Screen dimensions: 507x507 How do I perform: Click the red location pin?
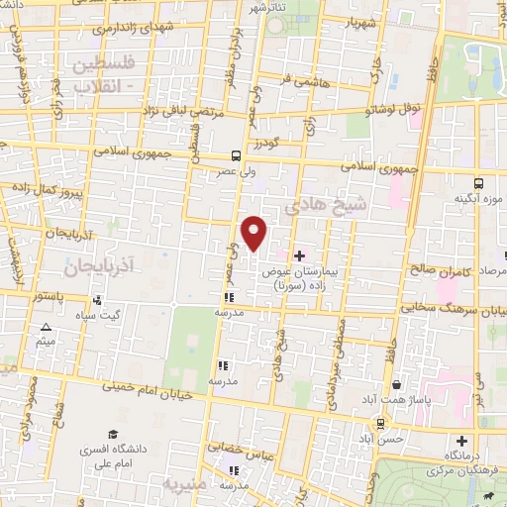point(254,232)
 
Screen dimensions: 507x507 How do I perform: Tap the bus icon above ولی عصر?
point(236,155)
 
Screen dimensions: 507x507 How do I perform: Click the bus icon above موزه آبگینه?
point(479,183)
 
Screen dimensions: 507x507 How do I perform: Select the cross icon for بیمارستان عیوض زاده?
point(301,255)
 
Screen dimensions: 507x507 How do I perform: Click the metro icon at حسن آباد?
point(380,423)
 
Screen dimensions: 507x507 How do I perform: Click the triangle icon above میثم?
point(46,328)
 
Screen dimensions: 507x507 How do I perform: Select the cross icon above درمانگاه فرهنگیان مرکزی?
point(460,441)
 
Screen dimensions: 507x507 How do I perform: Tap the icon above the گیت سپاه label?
point(97,299)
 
